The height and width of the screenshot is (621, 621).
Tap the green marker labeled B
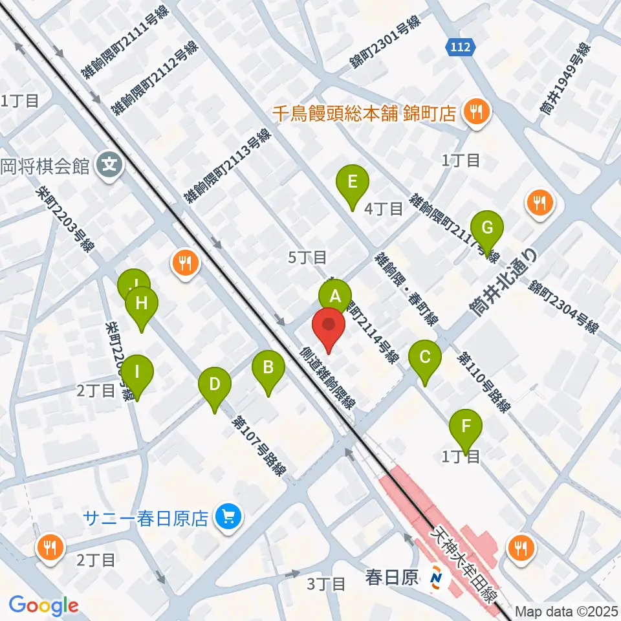pos(268,369)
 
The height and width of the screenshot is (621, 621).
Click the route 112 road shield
pos(461,47)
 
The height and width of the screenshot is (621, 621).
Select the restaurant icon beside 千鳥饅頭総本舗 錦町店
pos(475,114)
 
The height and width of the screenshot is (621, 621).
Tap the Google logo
pos(43,605)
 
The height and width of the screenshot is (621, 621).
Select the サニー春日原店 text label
pos(147,517)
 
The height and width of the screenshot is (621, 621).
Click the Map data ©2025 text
pos(567,611)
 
